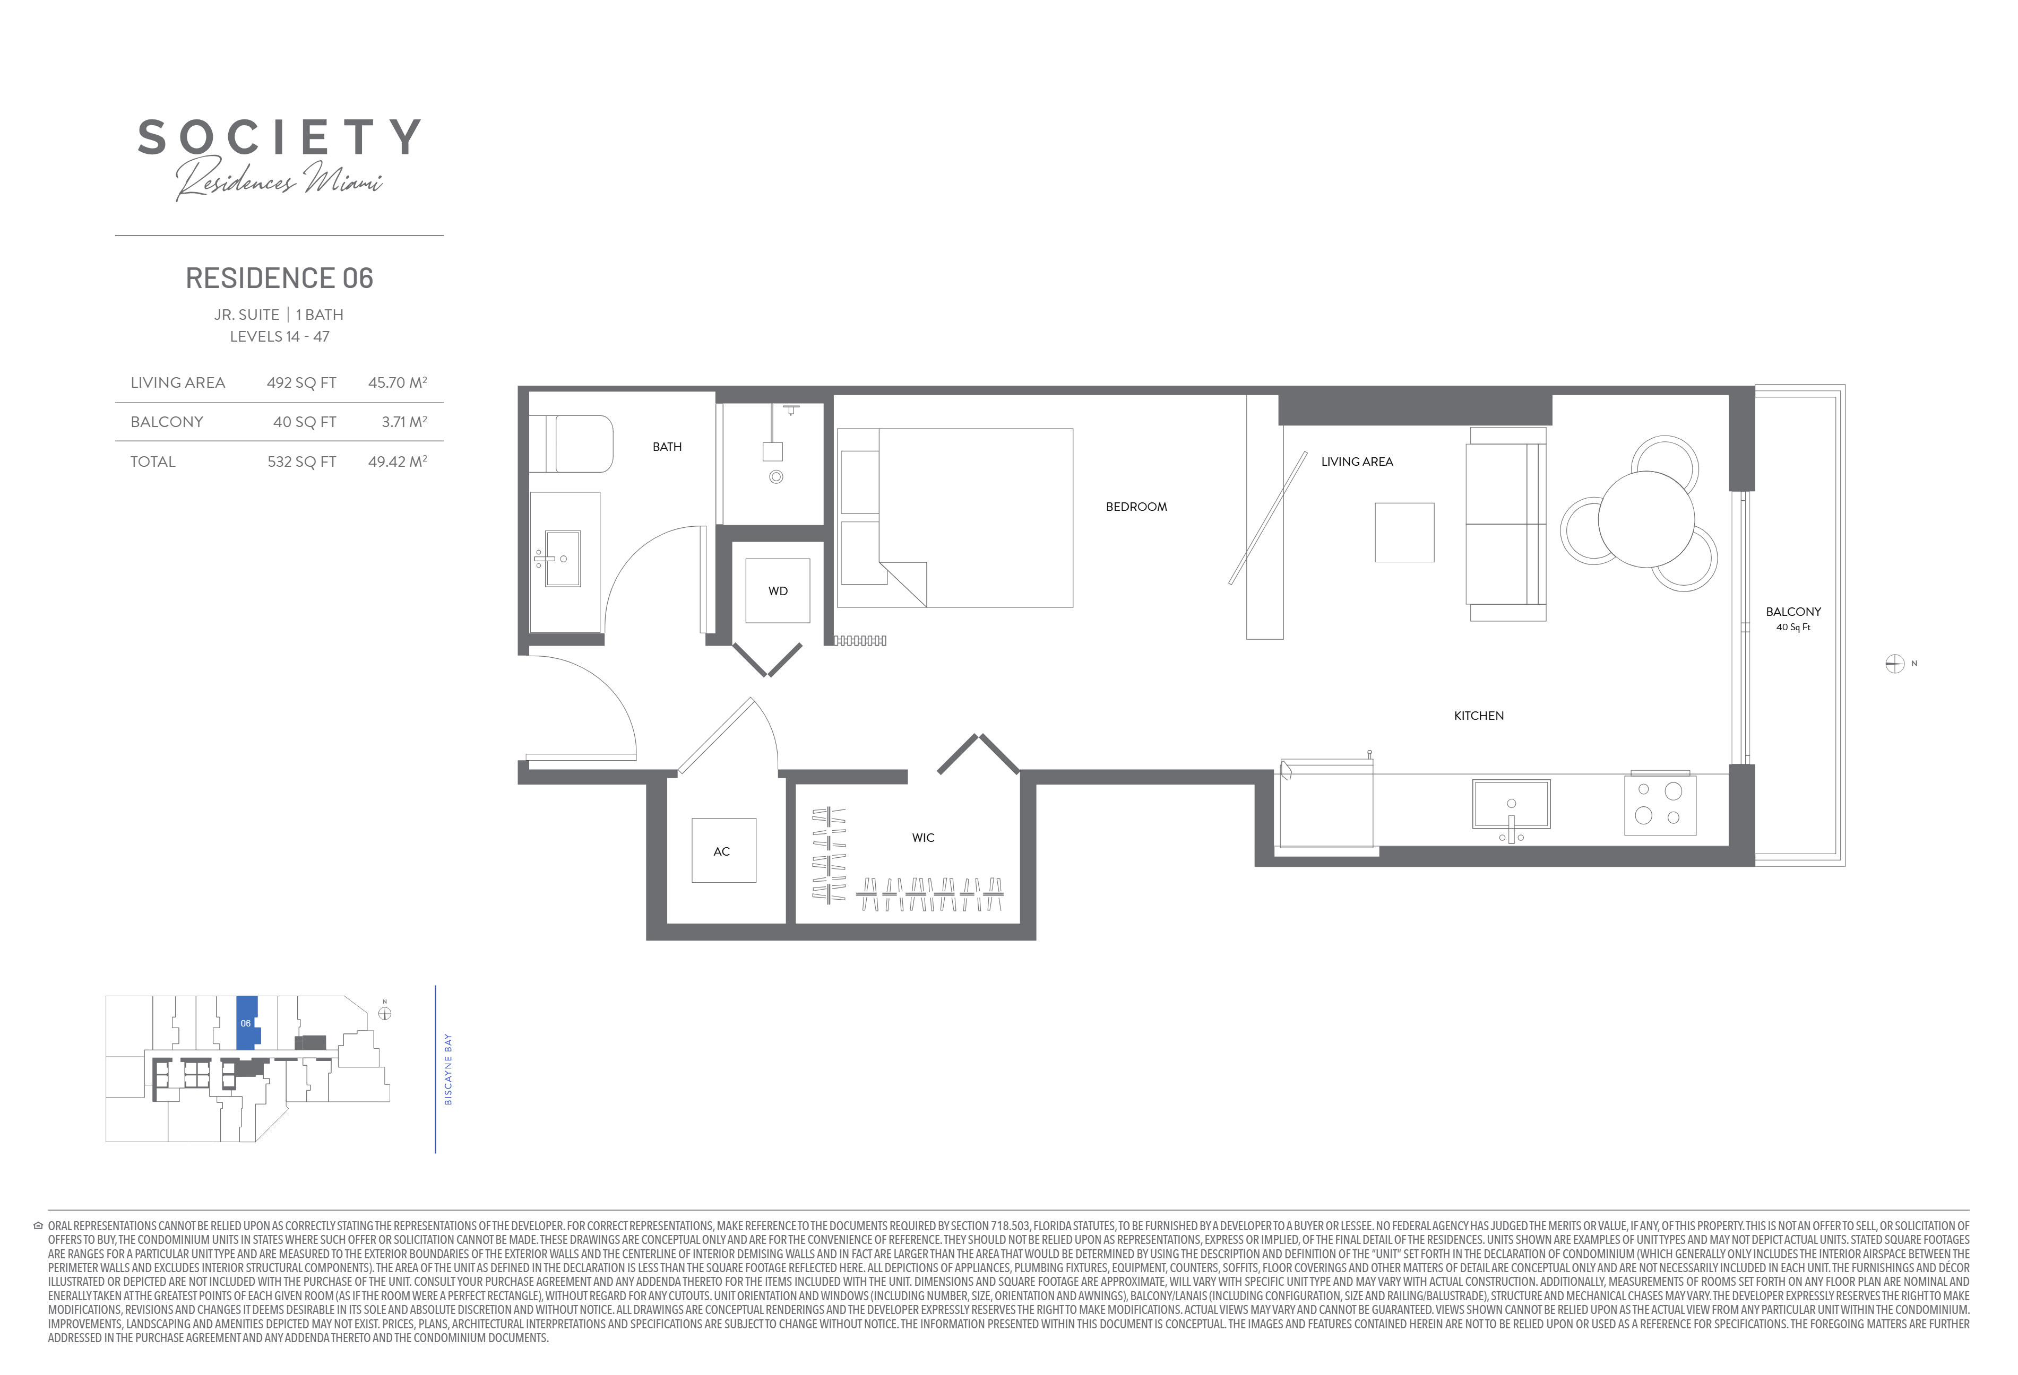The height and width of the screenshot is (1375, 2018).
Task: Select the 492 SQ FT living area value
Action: tap(301, 383)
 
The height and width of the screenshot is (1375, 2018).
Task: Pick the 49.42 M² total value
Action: tap(398, 462)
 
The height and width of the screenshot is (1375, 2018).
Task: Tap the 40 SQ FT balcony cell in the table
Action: tap(305, 422)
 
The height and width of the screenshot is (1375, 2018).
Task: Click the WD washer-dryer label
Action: tap(778, 591)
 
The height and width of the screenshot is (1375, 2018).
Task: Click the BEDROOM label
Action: tap(1136, 507)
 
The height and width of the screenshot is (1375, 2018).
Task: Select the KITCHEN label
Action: tap(1479, 716)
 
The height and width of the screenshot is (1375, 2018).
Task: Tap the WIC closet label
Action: tap(923, 838)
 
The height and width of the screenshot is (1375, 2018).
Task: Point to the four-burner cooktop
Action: tap(1659, 804)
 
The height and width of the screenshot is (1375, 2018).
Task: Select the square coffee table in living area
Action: tap(1404, 532)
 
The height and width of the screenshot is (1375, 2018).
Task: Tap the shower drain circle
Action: tap(777, 476)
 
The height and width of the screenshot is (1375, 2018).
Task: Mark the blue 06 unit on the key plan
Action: tap(247, 1023)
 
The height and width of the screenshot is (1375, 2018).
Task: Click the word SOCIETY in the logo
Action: tap(280, 137)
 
